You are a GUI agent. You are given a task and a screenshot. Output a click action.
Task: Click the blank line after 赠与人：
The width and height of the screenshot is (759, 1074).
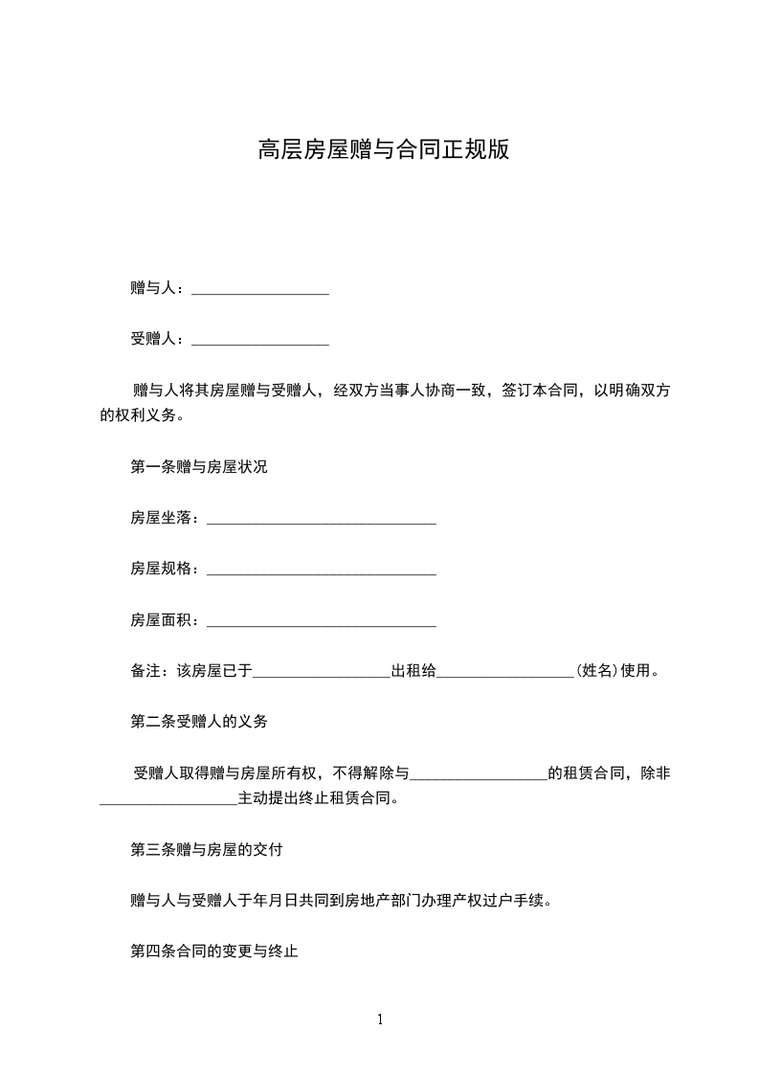click(260, 290)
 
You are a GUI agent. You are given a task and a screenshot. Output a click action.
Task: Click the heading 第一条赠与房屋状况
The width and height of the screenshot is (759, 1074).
click(199, 467)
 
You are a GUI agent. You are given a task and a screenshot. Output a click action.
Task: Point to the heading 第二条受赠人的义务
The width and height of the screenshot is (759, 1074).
click(199, 722)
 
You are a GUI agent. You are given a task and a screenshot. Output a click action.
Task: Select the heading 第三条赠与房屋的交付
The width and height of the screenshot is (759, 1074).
click(206, 849)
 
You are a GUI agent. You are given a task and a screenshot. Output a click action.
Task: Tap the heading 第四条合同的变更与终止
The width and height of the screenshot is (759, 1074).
click(214, 951)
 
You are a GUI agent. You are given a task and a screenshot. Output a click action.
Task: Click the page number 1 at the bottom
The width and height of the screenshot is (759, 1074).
click(380, 1020)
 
